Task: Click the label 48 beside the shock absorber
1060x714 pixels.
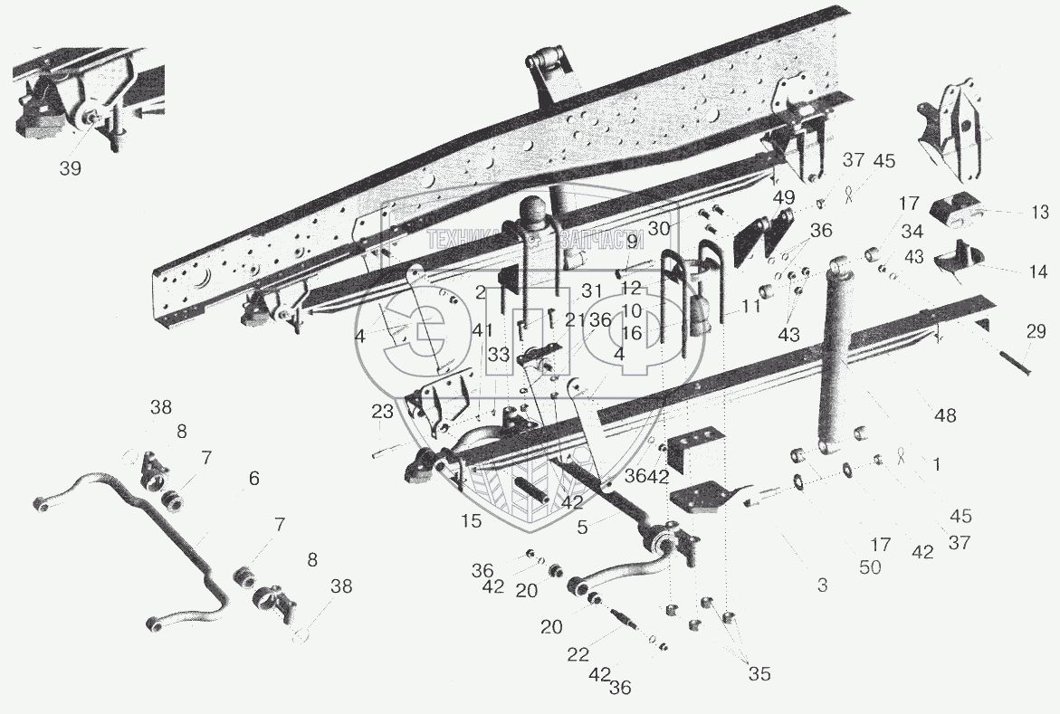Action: [x=945, y=415]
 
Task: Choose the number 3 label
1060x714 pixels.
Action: [x=822, y=586]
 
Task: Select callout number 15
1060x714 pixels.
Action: [x=472, y=520]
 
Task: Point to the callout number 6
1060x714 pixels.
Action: [x=254, y=478]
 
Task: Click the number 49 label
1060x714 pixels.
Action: [x=784, y=197]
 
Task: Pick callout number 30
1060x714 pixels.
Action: [x=686, y=226]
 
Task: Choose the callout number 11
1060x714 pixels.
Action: [x=751, y=307]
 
